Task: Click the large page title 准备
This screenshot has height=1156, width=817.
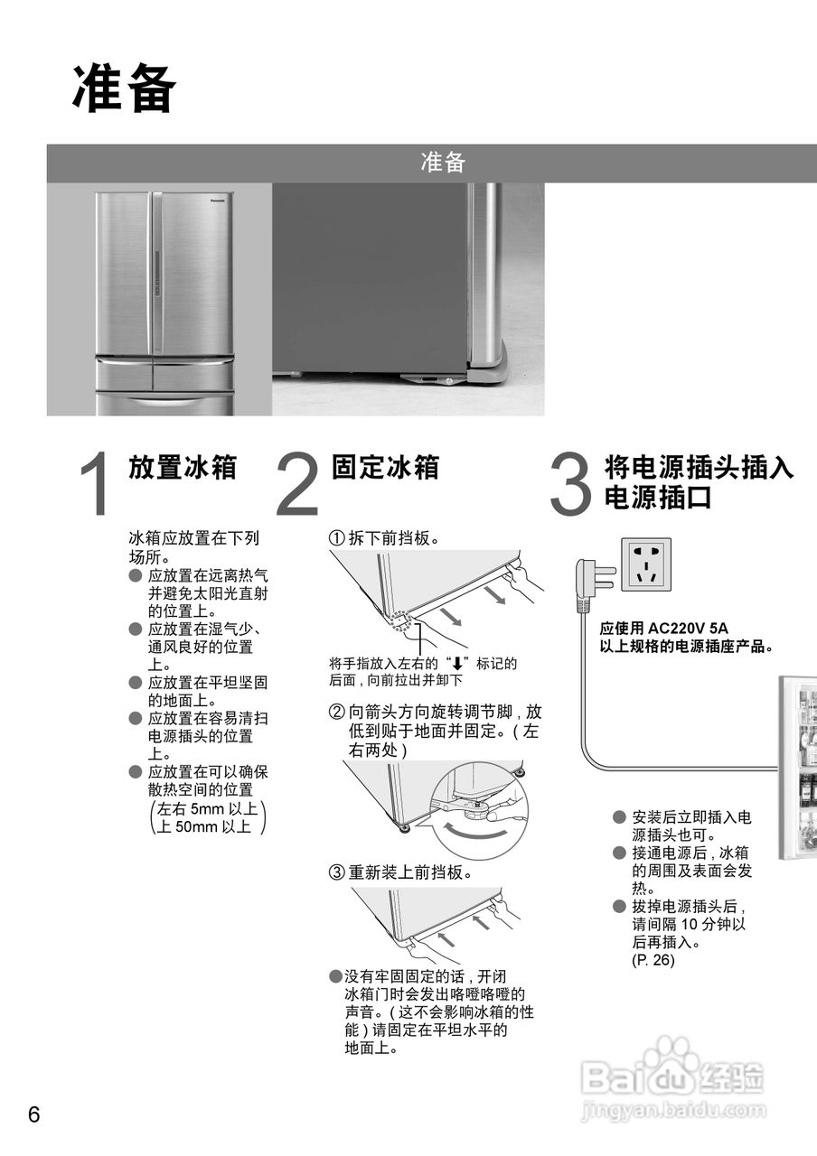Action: (x=125, y=89)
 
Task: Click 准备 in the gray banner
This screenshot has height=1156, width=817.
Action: (x=443, y=163)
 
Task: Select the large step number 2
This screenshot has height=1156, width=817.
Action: (x=297, y=483)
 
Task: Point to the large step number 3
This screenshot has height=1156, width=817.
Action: (x=570, y=483)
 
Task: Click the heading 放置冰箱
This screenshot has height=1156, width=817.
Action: (x=183, y=467)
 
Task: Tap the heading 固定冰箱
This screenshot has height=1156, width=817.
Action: (x=385, y=467)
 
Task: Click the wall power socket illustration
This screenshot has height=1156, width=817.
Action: (x=646, y=564)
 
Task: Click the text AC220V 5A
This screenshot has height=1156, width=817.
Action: (x=688, y=629)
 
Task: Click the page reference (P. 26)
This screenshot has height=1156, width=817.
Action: (x=653, y=960)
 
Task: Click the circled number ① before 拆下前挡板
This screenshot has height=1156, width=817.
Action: (x=336, y=539)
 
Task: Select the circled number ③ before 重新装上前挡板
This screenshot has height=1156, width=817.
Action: (x=336, y=872)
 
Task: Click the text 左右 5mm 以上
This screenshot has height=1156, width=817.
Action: (x=208, y=808)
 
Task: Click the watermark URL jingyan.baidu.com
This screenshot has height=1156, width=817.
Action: (x=673, y=1110)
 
